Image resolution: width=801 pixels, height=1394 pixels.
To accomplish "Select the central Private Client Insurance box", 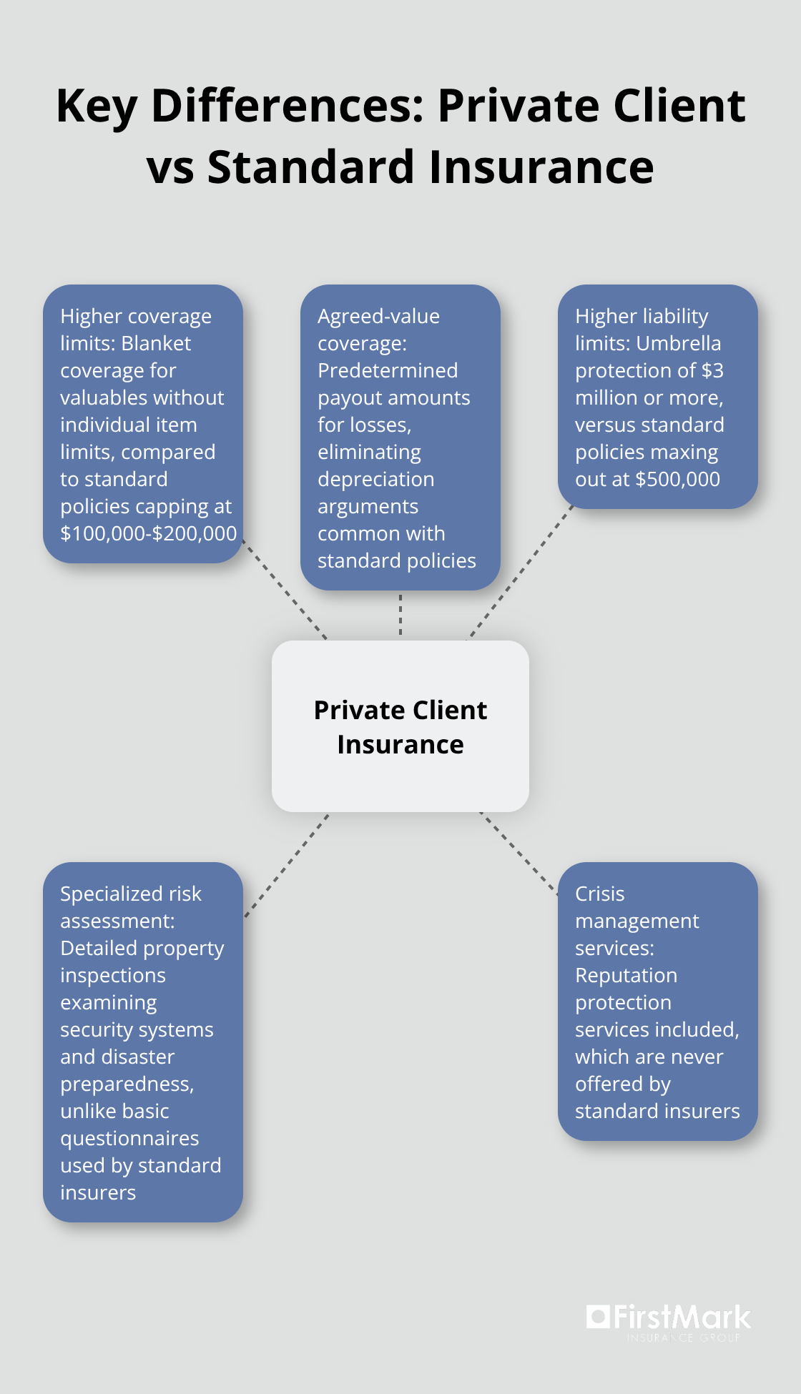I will point(400,726).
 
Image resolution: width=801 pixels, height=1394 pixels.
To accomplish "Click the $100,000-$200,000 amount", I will point(148,533).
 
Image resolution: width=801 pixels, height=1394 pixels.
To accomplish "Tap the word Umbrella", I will point(678,343).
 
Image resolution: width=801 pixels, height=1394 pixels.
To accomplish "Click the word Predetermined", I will point(388,370).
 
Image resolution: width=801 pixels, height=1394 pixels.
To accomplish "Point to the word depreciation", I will point(375,479).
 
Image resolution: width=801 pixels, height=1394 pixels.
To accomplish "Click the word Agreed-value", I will point(378,316).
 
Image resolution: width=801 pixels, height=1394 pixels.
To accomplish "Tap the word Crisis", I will point(599,894).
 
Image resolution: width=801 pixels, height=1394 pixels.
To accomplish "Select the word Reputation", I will point(626,975).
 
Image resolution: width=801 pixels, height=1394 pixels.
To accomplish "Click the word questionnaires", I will point(129,1138).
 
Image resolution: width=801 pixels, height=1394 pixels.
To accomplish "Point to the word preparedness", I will point(126,1084).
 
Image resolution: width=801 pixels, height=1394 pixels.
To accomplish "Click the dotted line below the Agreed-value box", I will point(400,615).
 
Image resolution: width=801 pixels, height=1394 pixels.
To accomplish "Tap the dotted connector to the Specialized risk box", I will point(287,865).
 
